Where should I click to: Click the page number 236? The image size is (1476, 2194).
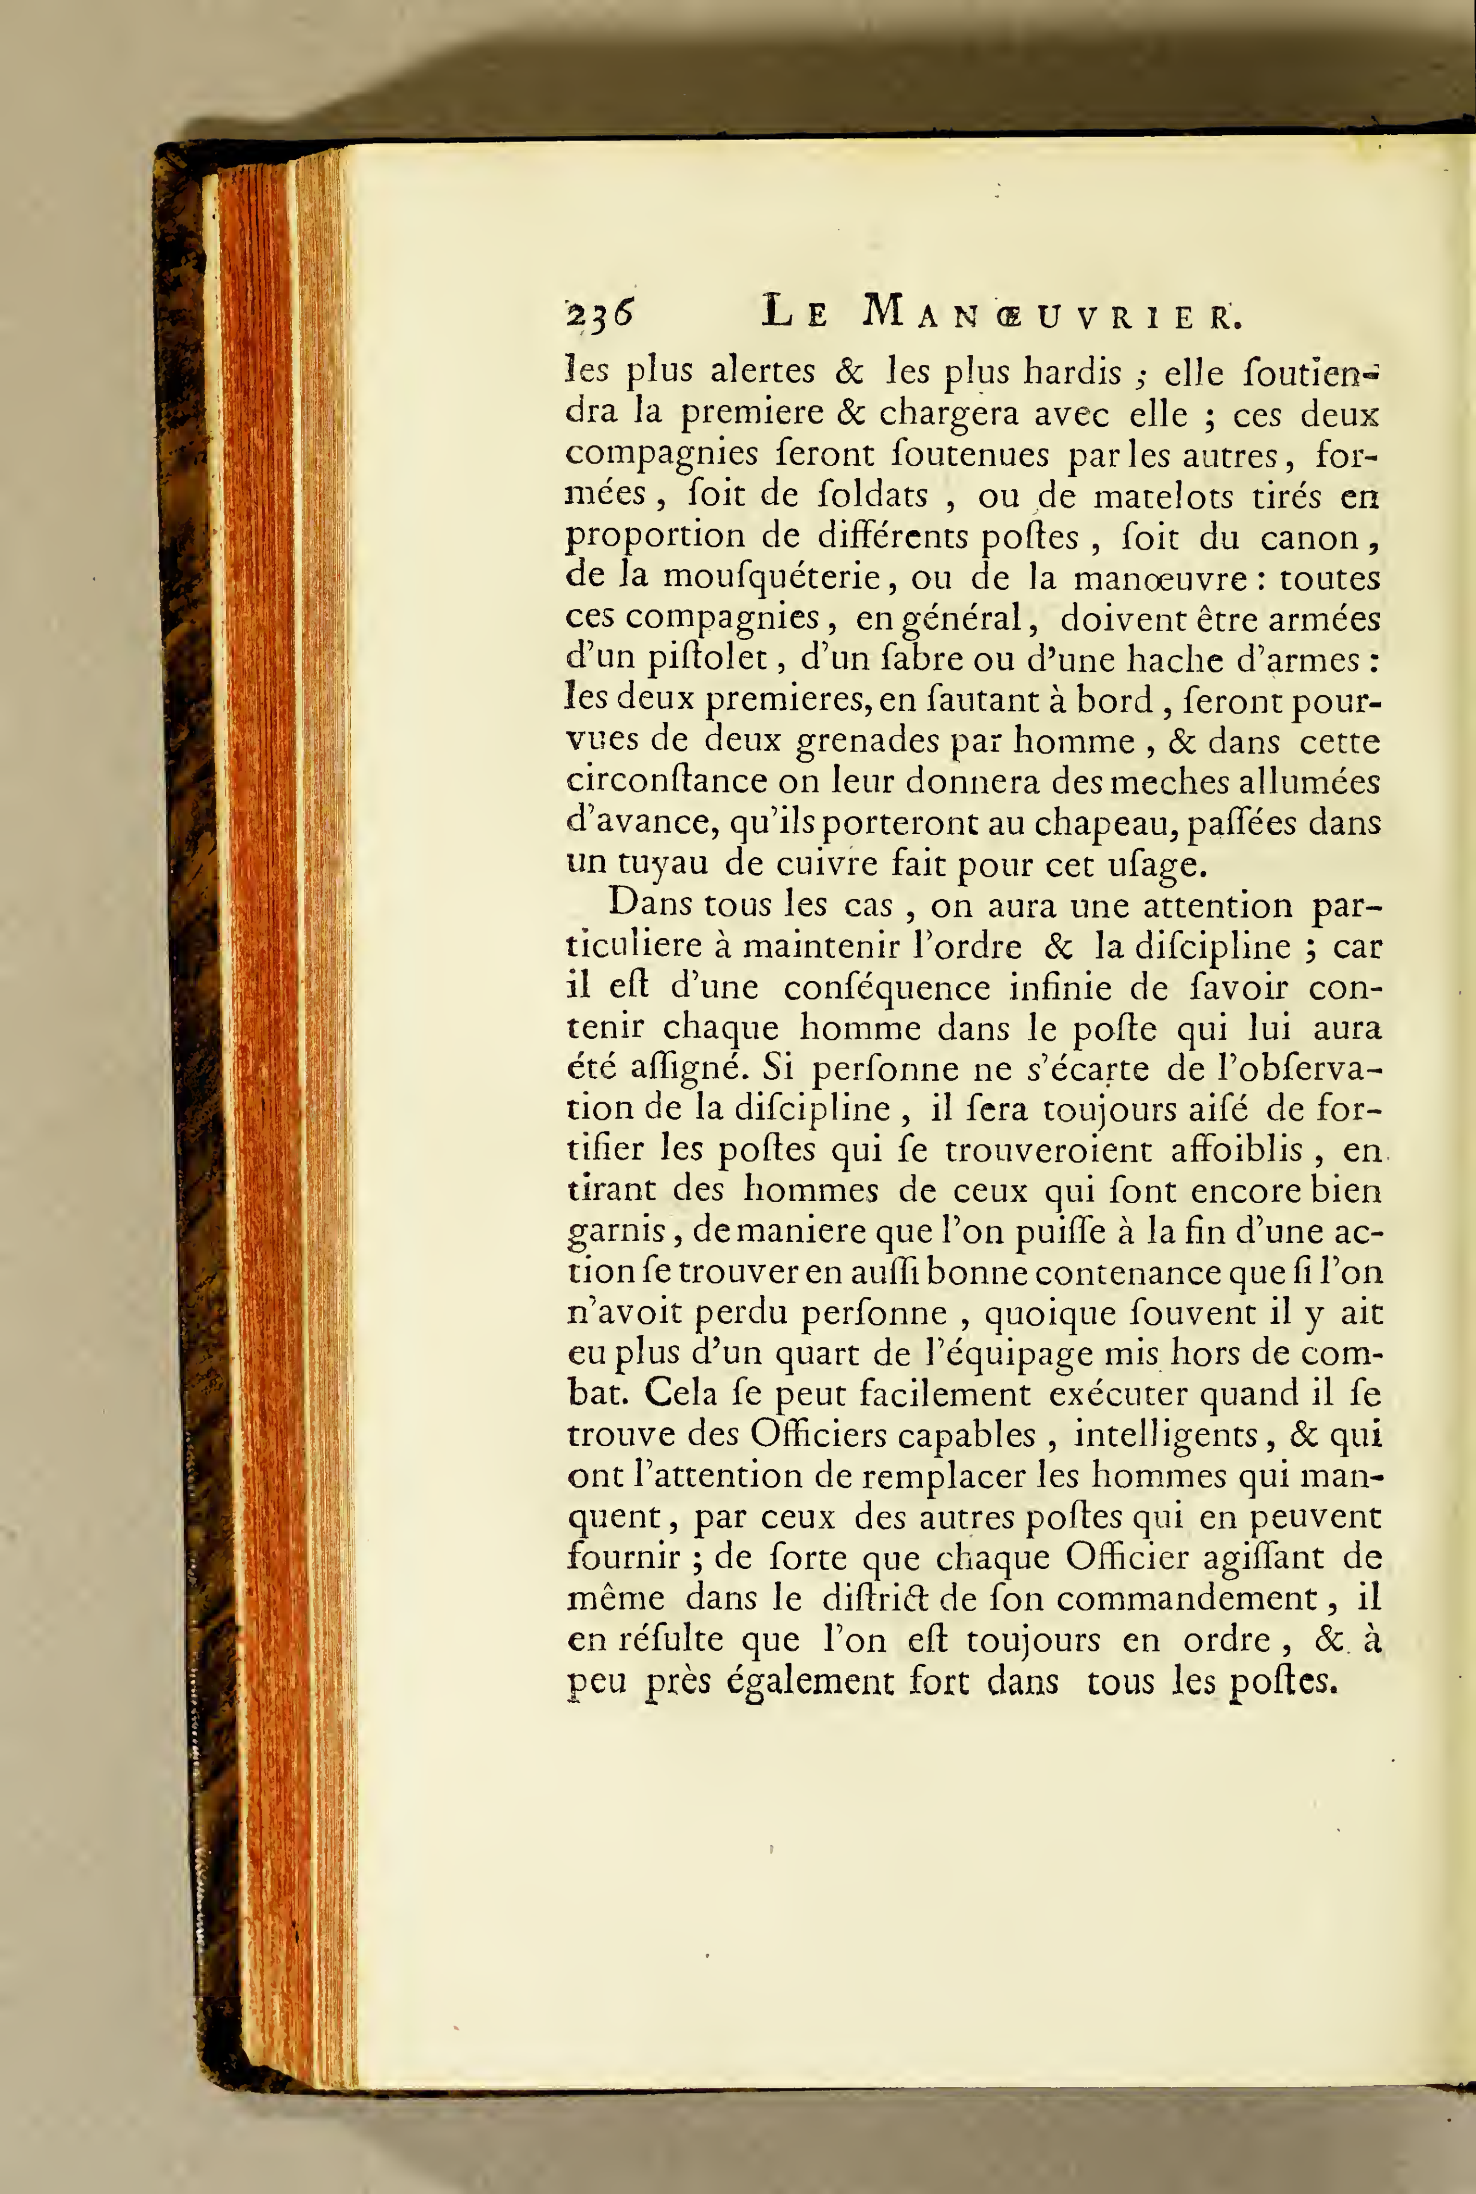click(599, 312)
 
